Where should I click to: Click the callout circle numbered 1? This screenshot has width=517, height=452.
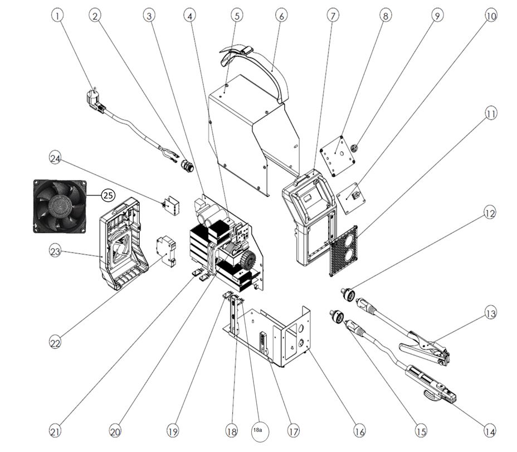click(x=58, y=16)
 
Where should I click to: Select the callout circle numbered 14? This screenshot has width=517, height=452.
click(x=490, y=431)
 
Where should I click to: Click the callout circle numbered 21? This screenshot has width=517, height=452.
click(x=55, y=431)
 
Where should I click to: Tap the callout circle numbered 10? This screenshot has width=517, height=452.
click(x=490, y=16)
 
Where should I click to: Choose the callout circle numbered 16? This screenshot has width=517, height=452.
click(x=359, y=431)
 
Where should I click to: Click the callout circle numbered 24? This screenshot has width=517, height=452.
click(x=55, y=158)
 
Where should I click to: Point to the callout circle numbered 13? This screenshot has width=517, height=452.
click(x=490, y=314)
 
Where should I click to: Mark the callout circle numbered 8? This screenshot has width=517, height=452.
click(x=386, y=16)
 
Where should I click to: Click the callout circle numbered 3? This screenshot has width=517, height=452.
click(x=149, y=16)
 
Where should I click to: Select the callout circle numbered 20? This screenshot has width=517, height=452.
click(x=115, y=431)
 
